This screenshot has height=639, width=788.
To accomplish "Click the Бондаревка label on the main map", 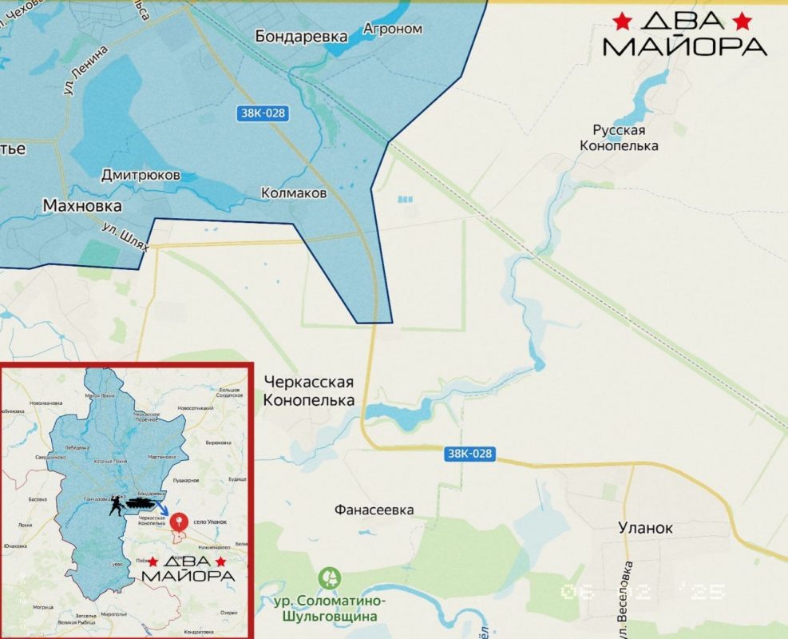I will point(302,36).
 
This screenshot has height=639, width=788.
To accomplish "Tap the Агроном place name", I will point(392,29).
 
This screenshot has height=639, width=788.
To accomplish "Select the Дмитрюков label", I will point(141,175).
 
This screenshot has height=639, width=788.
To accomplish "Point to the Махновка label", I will point(82,206).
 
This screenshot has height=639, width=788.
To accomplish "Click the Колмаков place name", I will point(294,193).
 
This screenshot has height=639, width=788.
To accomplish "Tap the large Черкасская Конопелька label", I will point(308,391).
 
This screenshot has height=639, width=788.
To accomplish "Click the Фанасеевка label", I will point(374,510).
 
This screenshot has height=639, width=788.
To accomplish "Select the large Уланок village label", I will point(645,528).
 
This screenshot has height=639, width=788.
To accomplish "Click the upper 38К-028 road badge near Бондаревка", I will point(262,113).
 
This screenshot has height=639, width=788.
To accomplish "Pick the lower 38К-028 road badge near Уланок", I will point(470,454).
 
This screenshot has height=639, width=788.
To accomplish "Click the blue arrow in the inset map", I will point(161,510).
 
